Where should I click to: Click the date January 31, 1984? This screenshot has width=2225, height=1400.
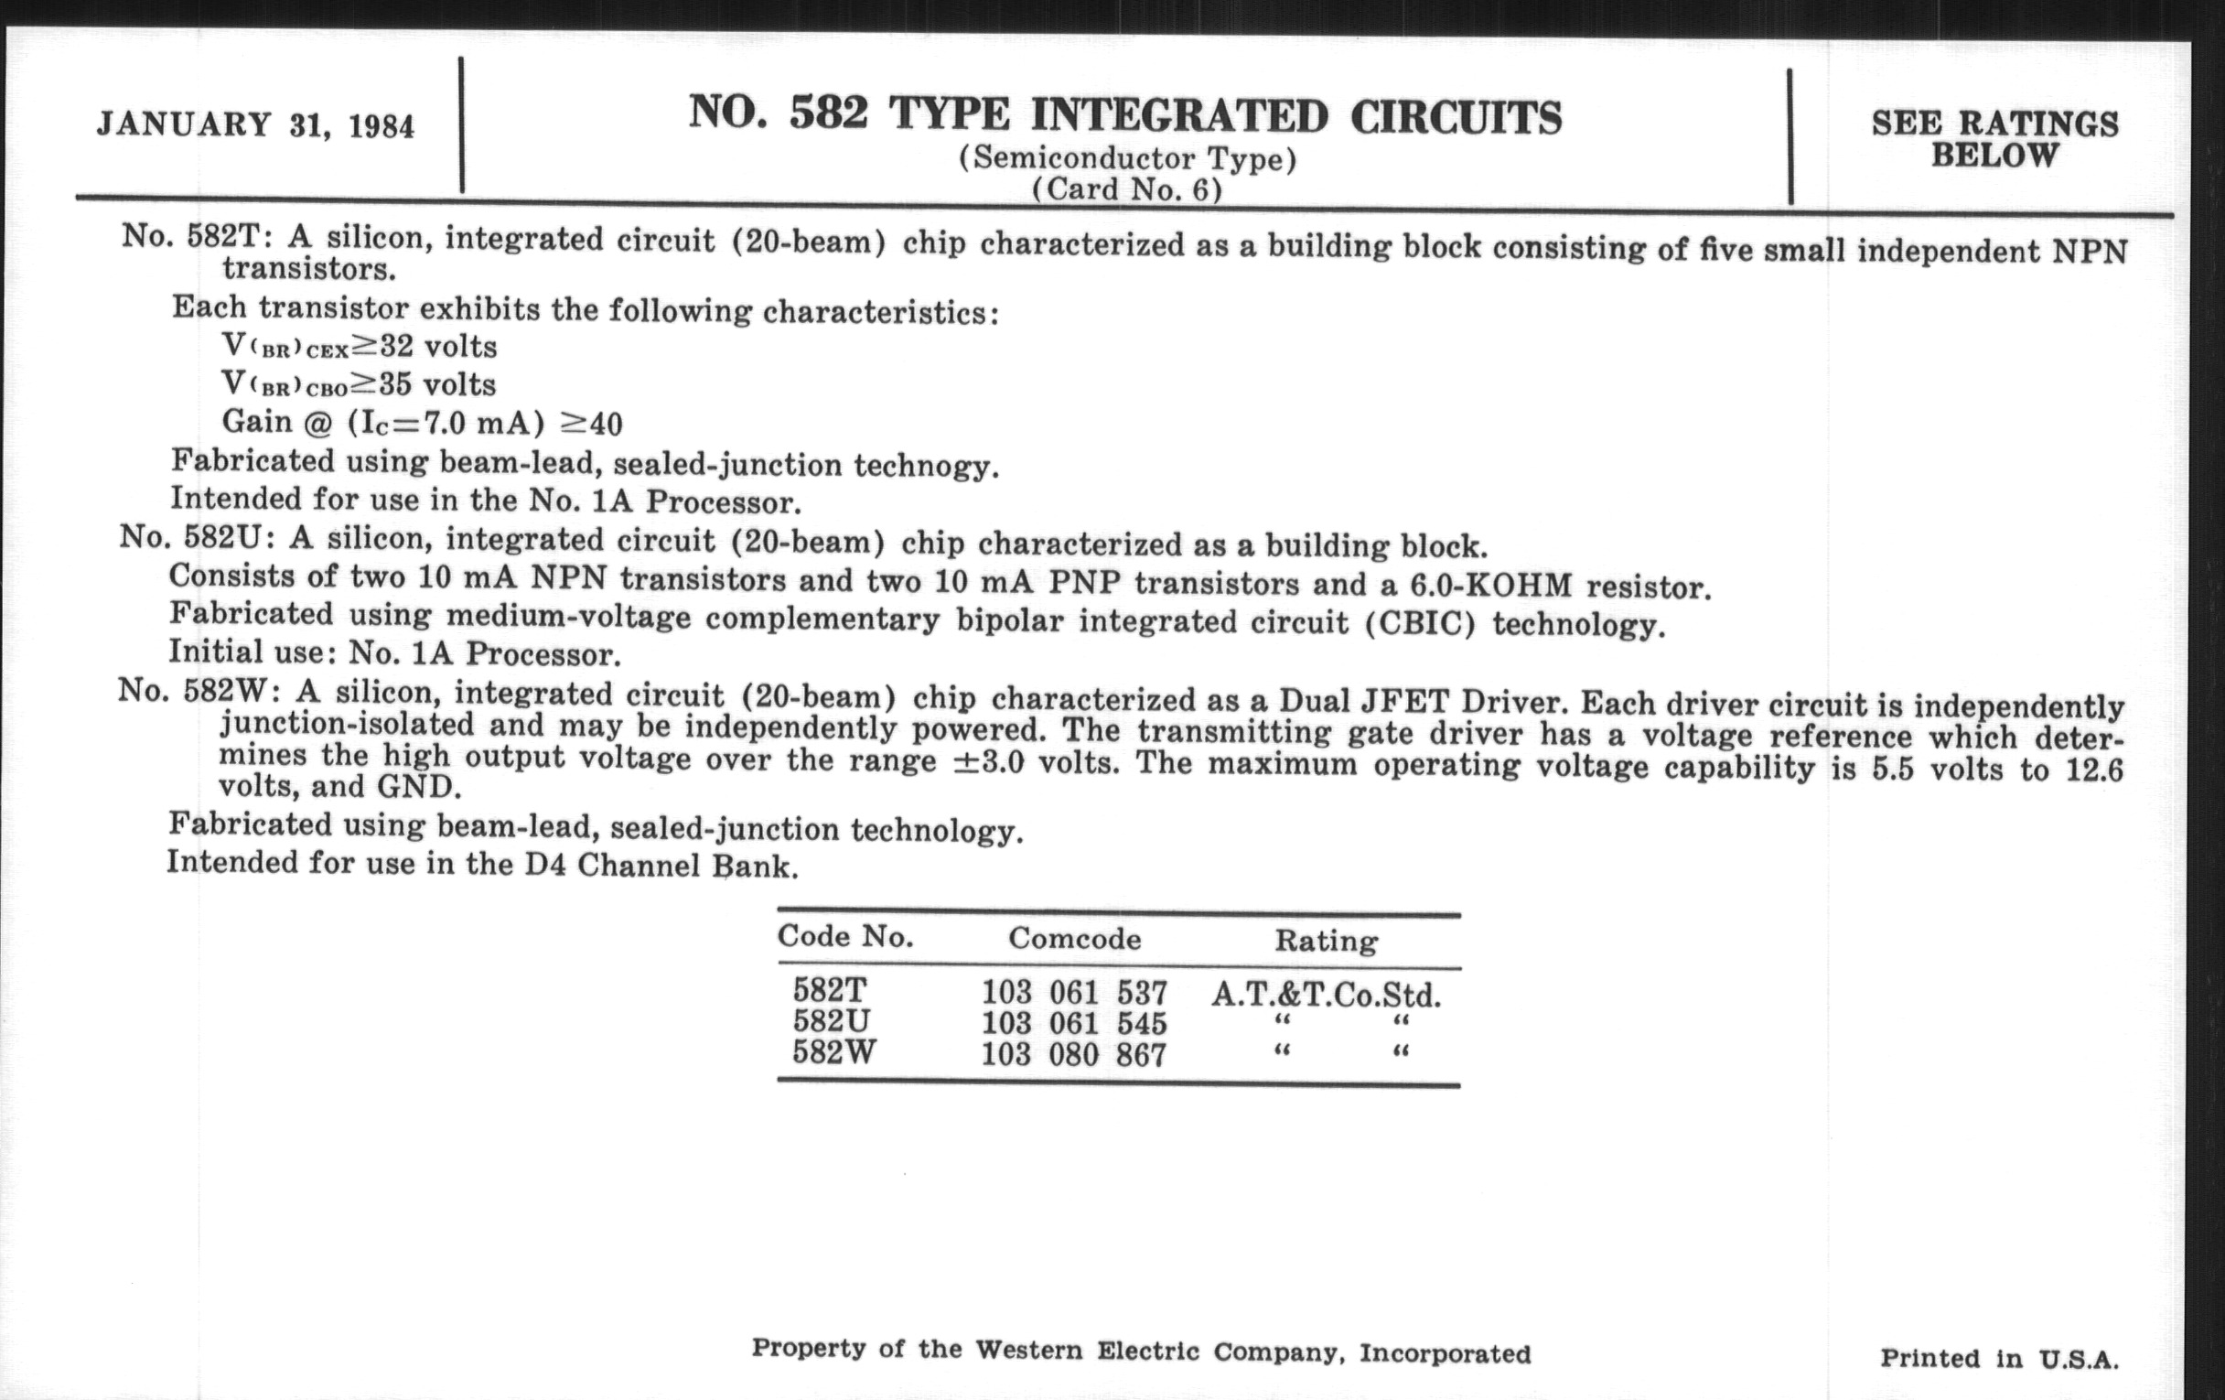tap(255, 124)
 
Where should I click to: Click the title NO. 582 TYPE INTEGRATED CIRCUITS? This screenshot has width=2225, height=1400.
tap(1124, 115)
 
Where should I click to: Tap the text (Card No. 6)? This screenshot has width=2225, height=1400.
tap(1126, 189)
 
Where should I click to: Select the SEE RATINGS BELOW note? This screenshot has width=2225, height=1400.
tap(1995, 138)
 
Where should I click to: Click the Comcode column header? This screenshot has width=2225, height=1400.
tap(1075, 939)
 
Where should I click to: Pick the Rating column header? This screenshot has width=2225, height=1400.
tap(1326, 941)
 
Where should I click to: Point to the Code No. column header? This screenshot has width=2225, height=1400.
tap(844, 936)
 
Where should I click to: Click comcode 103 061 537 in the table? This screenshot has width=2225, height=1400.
tap(1074, 994)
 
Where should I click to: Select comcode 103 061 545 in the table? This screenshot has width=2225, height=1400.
tap(1074, 1024)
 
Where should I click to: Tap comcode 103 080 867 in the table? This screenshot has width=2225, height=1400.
tap(1074, 1054)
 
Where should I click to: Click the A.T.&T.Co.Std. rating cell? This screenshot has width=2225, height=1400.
tap(1326, 996)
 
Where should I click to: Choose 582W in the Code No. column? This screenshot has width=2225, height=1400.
tap(833, 1052)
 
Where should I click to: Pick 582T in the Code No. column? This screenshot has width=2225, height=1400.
tap(830, 991)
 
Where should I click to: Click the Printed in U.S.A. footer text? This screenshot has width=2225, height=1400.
tap(1999, 1359)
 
